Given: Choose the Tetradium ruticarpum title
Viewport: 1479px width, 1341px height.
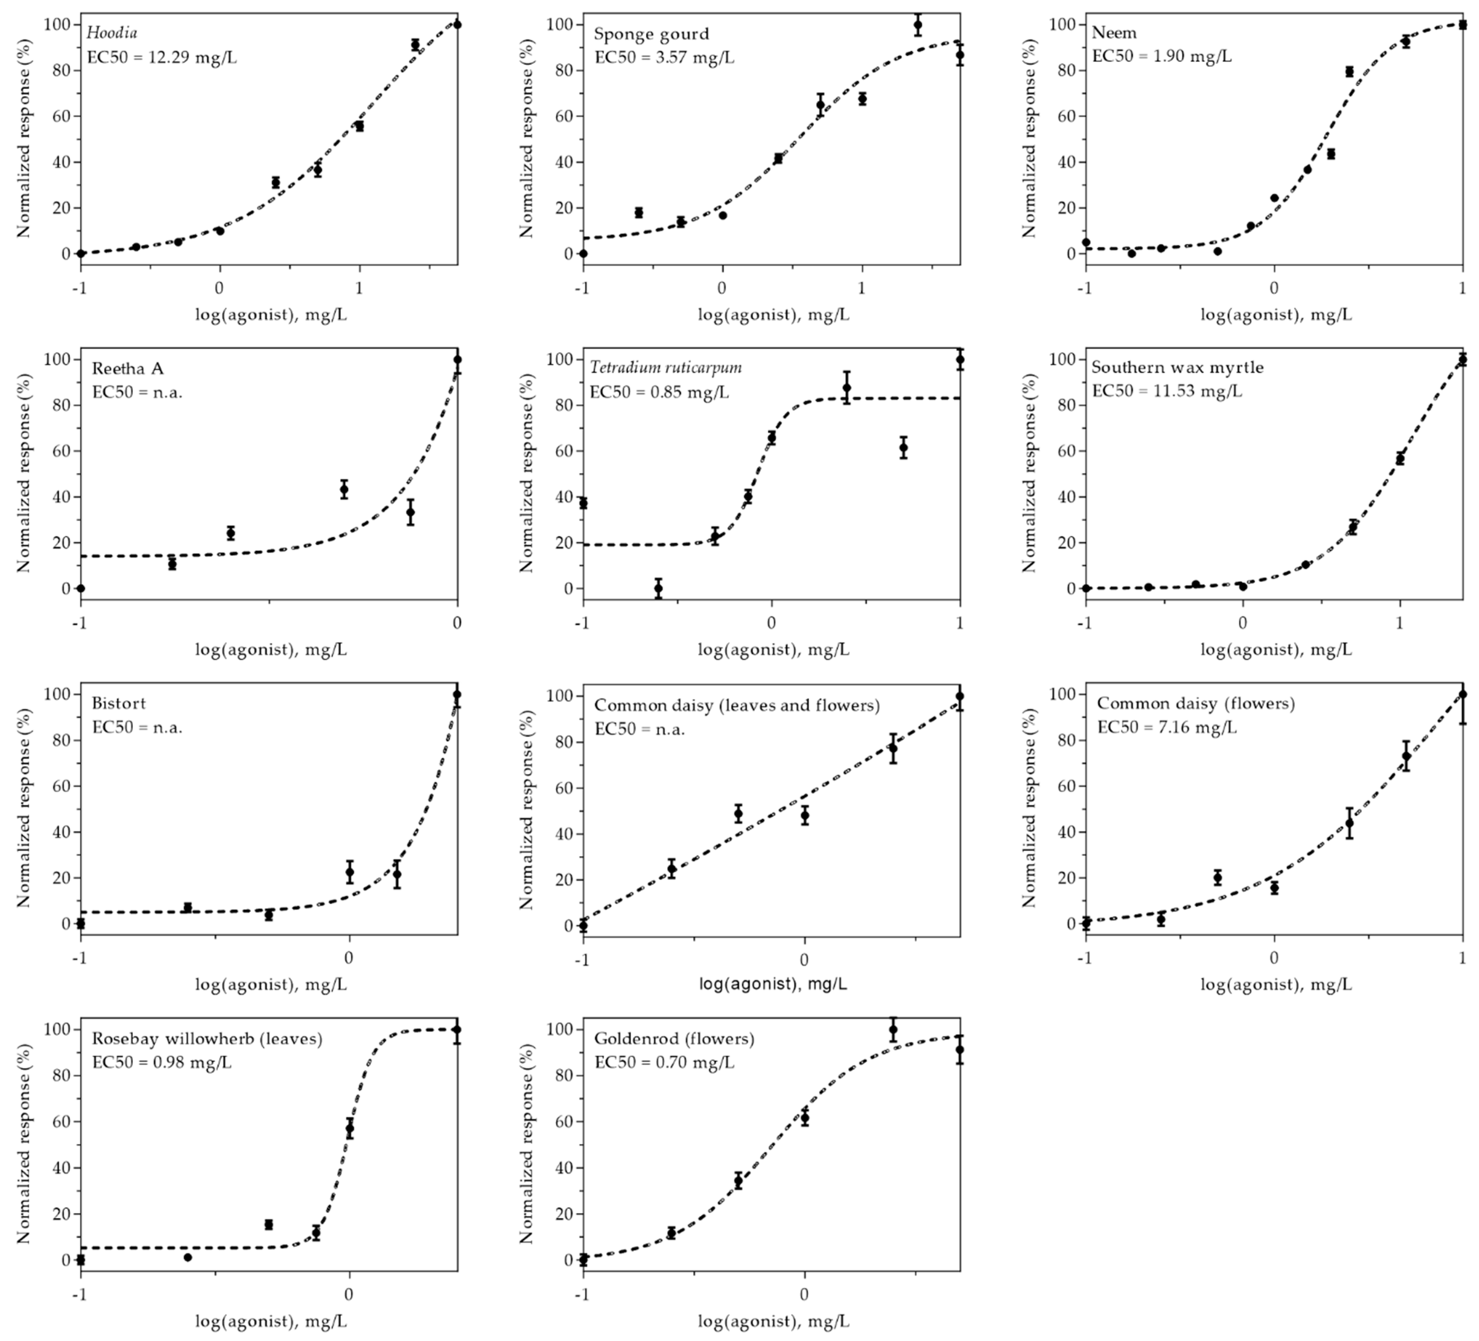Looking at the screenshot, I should pos(665,368).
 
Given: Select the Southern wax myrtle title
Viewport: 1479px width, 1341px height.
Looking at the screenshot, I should pos(1177,368).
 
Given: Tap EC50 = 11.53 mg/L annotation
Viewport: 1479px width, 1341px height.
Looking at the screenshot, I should pos(1166,391).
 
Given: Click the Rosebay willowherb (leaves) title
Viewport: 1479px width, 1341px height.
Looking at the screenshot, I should pos(207,1039).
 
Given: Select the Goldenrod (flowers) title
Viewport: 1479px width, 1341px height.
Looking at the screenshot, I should pos(674,1039).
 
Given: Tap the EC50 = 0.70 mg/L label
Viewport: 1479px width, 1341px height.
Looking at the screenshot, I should pos(664,1062).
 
